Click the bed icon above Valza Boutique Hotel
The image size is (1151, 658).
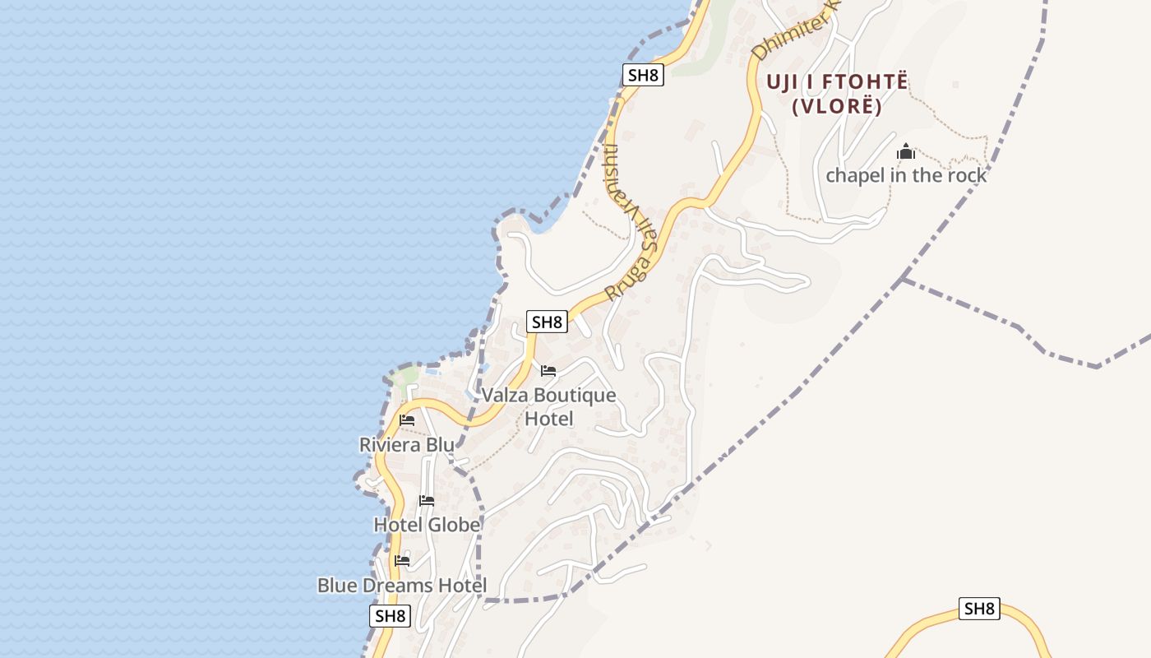pos(548,371)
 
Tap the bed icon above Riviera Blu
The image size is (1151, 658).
pos(407,420)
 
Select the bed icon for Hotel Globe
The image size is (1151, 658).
pos(427,500)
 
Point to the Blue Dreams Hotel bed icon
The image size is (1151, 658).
pos(402,561)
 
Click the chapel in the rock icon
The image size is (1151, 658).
pos(906,152)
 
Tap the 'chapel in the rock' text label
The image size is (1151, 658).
pos(906,175)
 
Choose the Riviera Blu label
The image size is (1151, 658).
pos(406,445)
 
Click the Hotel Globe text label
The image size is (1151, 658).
pos(427,525)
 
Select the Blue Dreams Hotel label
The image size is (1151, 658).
pos(402,586)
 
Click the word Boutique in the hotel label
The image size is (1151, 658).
pos(575,396)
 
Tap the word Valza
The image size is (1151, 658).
pos(506,396)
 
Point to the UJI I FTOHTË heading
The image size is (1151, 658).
pos(837,82)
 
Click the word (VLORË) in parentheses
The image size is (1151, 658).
pos(837,107)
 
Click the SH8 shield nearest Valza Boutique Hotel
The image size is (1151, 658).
pos(547,322)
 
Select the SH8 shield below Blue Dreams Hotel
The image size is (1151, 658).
pos(390,616)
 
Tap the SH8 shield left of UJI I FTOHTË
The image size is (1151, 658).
pos(643,76)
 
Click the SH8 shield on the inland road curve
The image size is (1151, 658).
pos(979,609)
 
